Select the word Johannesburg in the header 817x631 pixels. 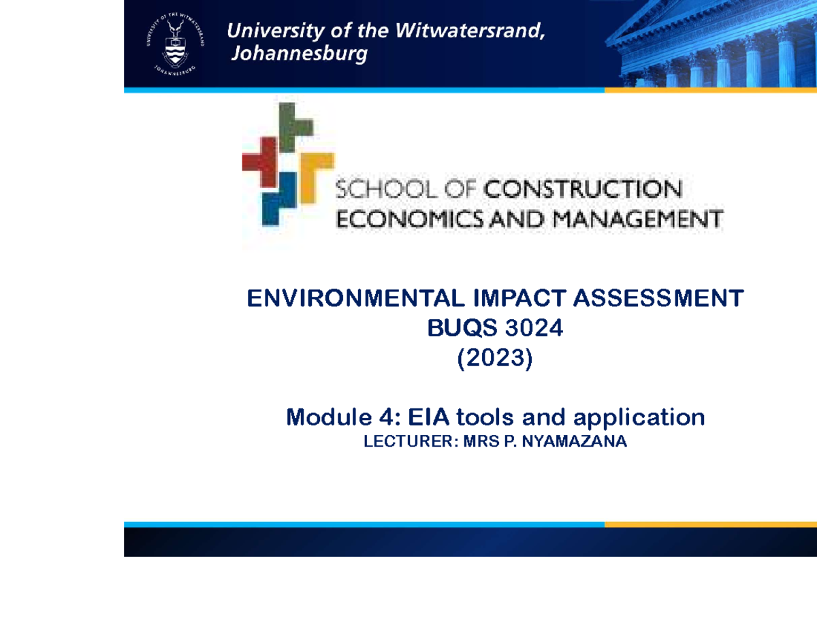tap(300, 54)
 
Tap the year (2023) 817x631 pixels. tap(495, 359)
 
